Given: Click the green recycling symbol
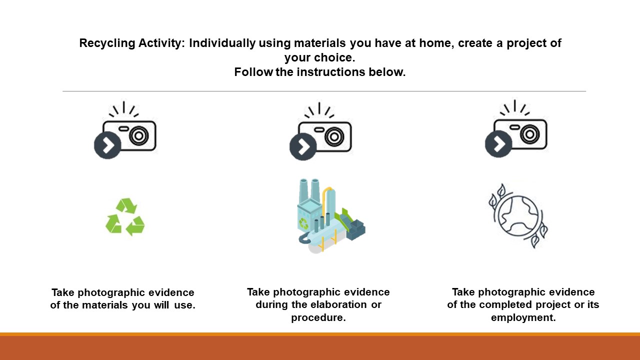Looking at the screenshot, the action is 125,217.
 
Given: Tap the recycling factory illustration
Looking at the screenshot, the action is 331,216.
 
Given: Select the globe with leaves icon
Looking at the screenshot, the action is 517,215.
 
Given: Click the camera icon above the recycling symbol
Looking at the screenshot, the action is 125,130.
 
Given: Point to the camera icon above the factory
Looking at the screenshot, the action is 320,131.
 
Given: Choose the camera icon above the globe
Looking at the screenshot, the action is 516,128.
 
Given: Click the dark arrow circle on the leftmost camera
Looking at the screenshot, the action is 107,145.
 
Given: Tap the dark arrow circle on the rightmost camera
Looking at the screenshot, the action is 498,144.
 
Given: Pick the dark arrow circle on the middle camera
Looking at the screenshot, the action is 303,146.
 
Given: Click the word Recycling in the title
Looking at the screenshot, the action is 107,43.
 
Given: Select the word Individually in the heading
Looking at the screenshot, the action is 222,43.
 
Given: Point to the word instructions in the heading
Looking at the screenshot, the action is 331,72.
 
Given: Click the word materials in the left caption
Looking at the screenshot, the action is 105,305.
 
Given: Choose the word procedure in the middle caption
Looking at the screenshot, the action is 318,317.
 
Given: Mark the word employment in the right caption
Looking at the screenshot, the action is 523,317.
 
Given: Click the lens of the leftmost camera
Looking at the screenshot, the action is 139,135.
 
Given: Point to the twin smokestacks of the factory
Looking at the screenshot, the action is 309,190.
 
